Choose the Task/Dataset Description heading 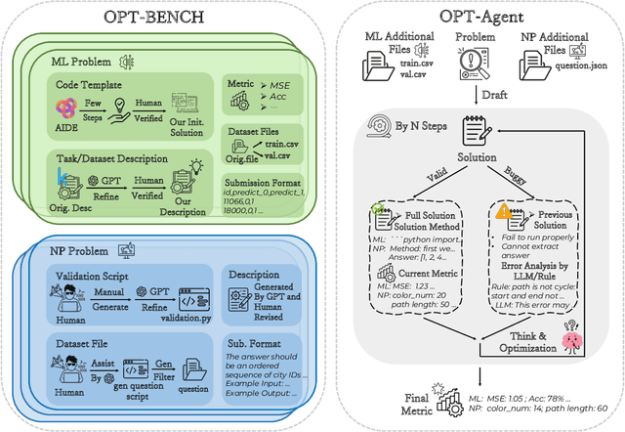(x=112, y=157)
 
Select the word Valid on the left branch (x=440, y=180)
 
